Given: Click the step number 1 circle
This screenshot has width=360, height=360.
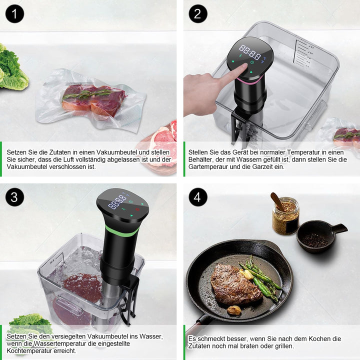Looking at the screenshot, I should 14,13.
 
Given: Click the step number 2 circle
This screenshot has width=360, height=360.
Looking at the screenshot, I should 198,13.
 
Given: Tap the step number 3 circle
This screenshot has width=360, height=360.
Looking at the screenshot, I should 14,197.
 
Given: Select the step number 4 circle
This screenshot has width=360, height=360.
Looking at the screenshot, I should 198,197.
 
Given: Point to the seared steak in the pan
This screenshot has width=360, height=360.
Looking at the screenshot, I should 235,284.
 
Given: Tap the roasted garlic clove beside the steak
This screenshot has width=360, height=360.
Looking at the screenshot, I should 234,310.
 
